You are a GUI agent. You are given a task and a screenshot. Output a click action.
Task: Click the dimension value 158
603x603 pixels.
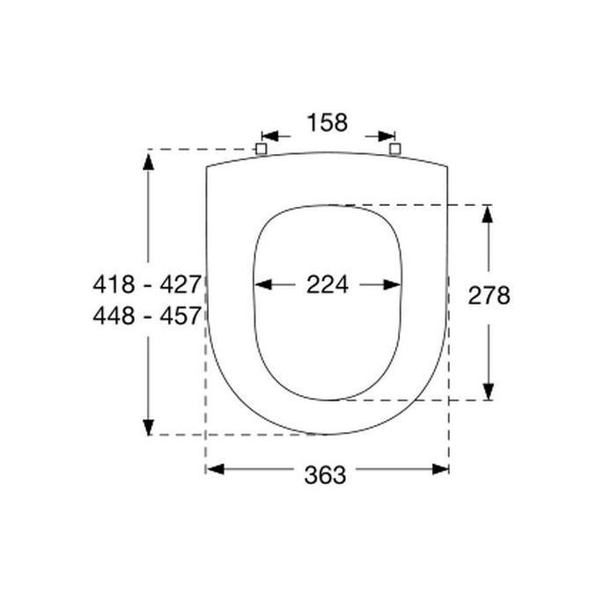pyautogui.click(x=327, y=122)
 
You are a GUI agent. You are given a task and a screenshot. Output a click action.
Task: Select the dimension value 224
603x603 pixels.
pyautogui.click(x=327, y=284)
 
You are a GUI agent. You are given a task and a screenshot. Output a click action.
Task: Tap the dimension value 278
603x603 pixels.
pyautogui.click(x=489, y=296)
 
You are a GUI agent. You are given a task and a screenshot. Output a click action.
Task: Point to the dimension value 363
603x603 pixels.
pyautogui.click(x=326, y=474)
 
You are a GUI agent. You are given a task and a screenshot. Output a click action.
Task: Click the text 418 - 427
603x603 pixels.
pyautogui.click(x=147, y=284)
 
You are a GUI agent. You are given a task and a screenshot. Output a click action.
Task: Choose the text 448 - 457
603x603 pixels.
pyautogui.click(x=147, y=315)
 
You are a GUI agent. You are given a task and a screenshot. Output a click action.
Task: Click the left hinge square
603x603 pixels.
pyautogui.click(x=261, y=149)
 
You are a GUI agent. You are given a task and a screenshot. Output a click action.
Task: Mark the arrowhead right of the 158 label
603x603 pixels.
pyautogui.click(x=386, y=136)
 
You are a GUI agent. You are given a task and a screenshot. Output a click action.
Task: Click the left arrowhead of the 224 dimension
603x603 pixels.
pyautogui.click(x=262, y=284)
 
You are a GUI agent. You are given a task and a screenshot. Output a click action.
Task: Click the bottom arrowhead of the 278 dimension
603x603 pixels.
pyautogui.click(x=489, y=392)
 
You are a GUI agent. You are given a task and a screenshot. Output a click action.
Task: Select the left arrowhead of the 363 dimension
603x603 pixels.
pyautogui.click(x=215, y=469)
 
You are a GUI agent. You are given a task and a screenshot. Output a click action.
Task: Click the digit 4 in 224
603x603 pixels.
pyautogui.click(x=341, y=284)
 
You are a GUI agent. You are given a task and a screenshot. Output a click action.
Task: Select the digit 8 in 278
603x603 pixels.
pyautogui.click(x=502, y=296)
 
